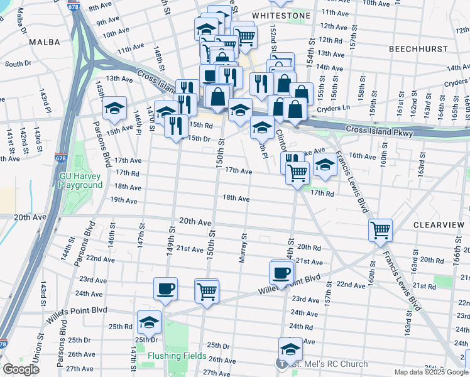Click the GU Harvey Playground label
point(80,180)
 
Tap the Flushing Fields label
point(177,356)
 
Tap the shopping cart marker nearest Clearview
point(380,230)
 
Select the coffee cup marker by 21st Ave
point(281,273)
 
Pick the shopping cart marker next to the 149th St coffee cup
point(206,291)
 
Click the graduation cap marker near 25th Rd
point(148,322)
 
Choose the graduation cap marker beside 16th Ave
point(324,166)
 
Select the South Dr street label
point(18,63)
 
